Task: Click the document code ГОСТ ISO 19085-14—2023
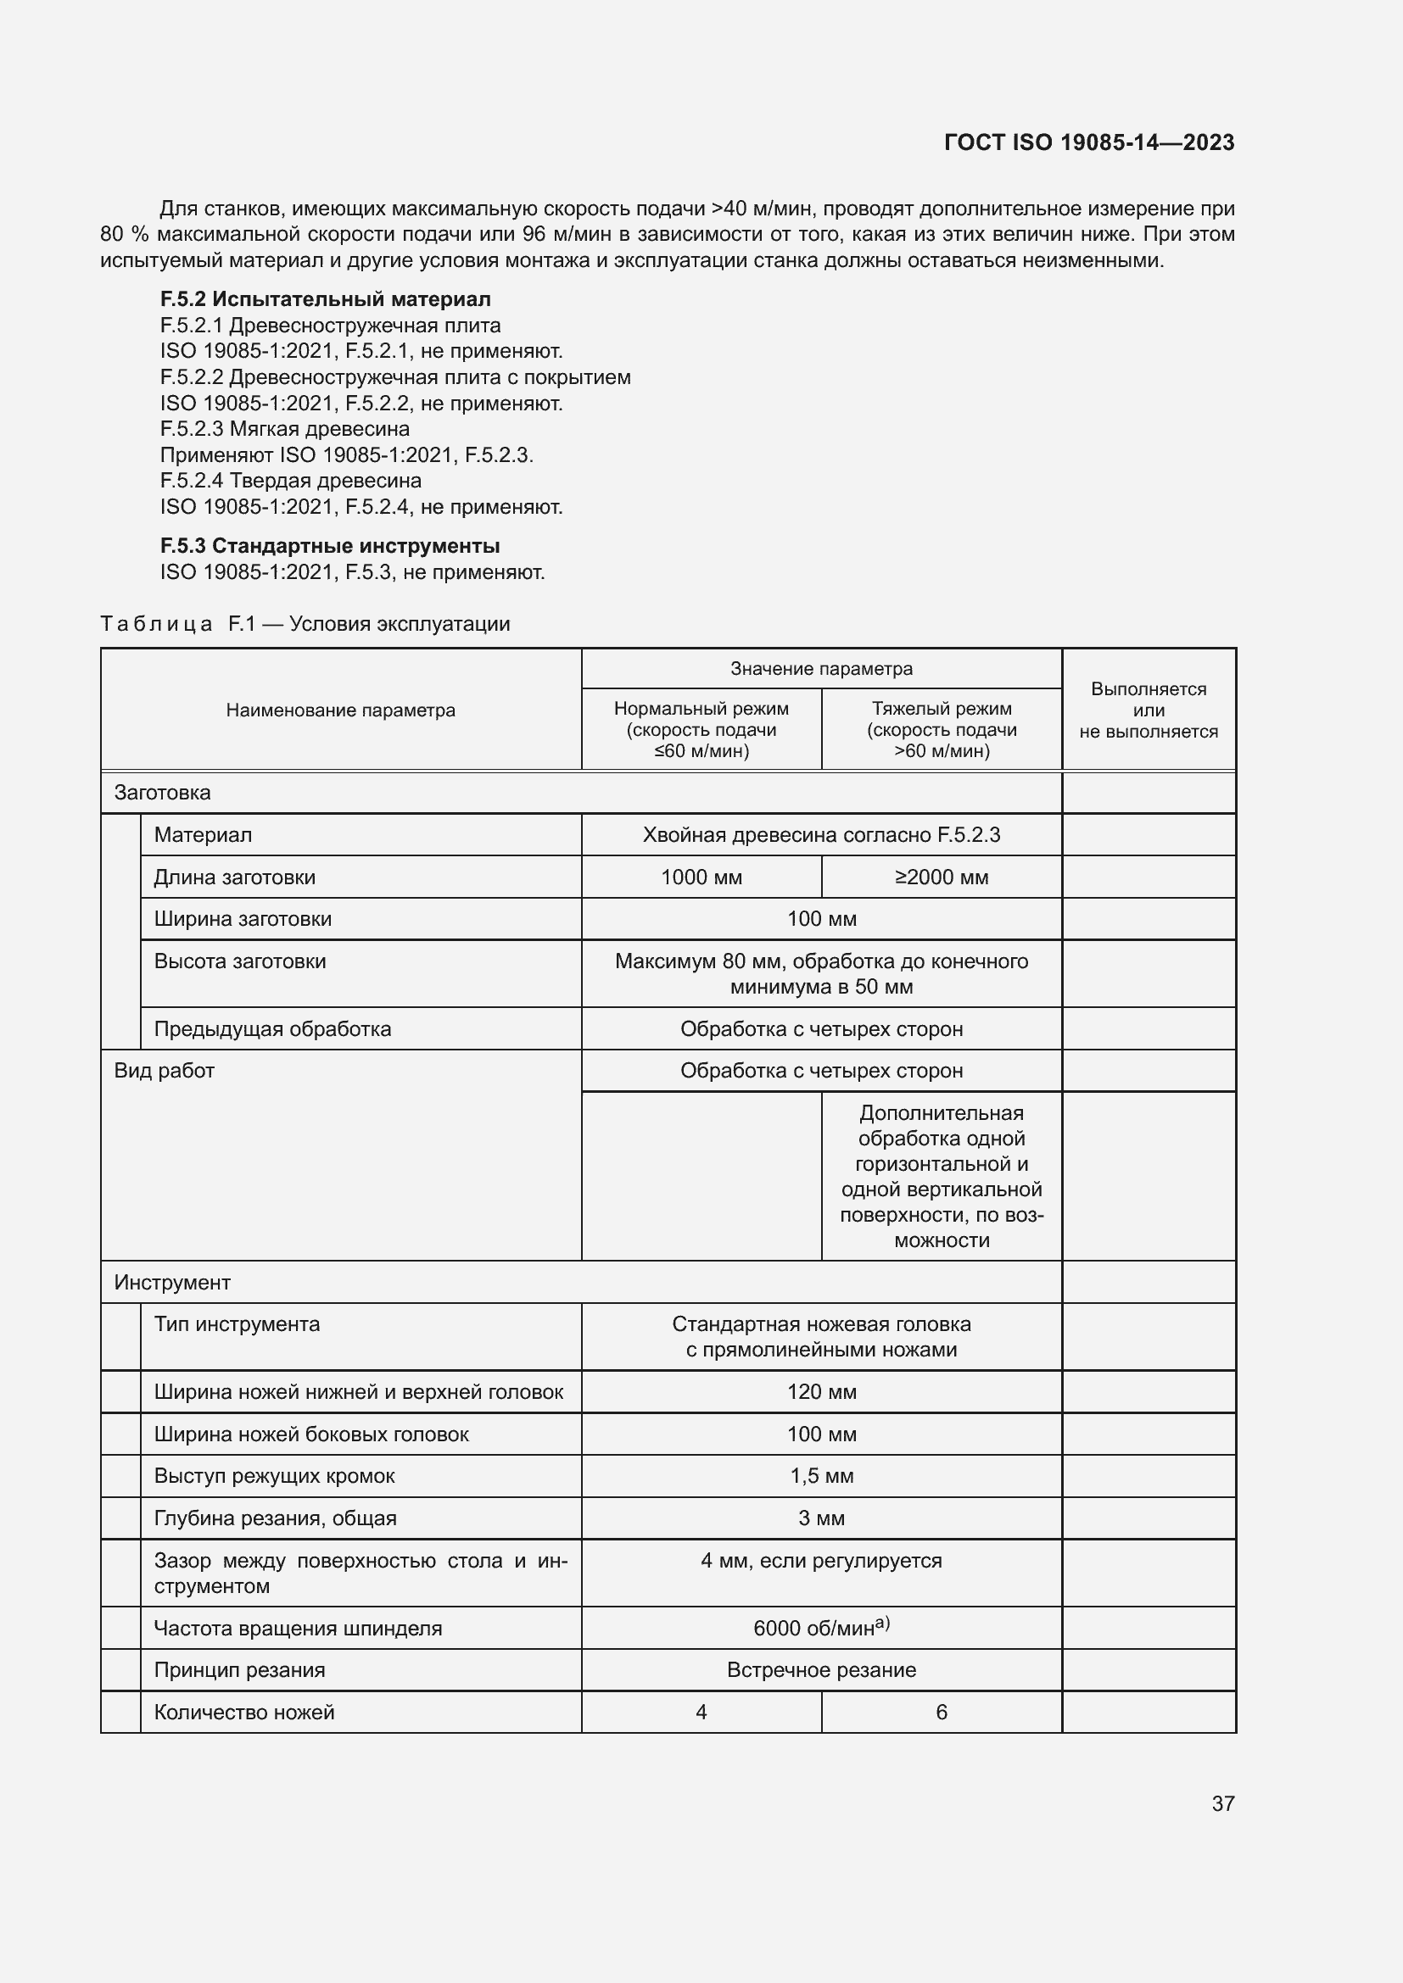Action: pos(1088,142)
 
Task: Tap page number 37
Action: pos(1222,1803)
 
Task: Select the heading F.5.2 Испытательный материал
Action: pos(325,299)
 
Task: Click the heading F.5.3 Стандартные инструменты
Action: pos(329,546)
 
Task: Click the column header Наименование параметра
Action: pos(340,710)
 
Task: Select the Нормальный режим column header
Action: pos(701,729)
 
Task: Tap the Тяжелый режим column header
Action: pos(941,729)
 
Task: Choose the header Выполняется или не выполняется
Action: pos(1149,710)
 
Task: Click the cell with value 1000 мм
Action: pos(701,877)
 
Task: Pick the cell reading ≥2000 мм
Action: pos(941,877)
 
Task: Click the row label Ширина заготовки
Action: pos(243,919)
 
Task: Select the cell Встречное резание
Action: pos(821,1670)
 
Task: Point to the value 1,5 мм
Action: pos(821,1476)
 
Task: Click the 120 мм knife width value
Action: pos(821,1391)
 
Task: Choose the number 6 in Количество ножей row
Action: pos(941,1712)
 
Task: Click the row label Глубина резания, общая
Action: pos(275,1518)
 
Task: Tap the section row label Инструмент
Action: pos(172,1283)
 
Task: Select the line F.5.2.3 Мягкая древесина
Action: pos(284,429)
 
